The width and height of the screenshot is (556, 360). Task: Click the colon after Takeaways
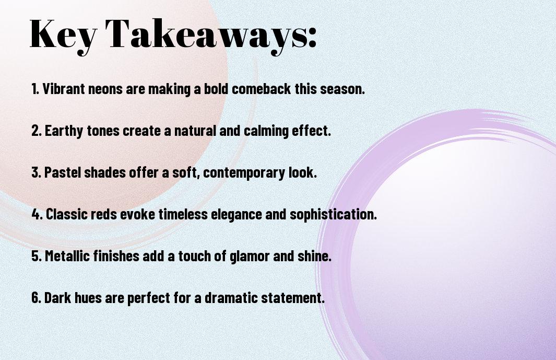312,38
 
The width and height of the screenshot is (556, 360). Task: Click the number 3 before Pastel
36,172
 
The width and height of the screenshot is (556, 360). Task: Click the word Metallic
67,256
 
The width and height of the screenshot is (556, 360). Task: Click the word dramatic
231,298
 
